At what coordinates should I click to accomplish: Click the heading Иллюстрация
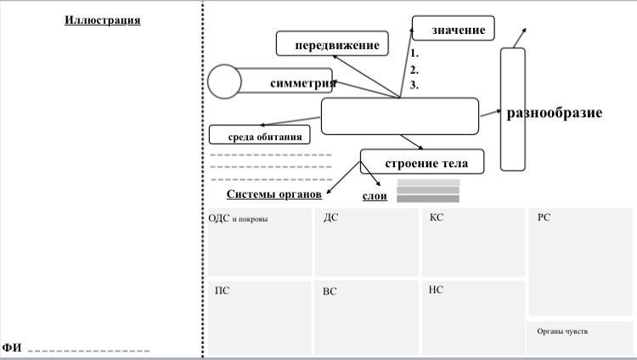coord(103,20)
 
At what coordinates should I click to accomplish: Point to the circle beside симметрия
coord(225,82)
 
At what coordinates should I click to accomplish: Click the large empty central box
coord(400,116)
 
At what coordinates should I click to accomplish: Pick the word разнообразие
coord(555,112)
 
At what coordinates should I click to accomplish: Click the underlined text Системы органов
coord(273,194)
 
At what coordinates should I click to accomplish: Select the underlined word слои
coord(375,196)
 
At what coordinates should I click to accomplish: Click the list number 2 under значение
coord(414,70)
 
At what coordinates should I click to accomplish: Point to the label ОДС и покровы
coord(238,219)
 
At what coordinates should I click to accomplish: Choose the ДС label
coord(330,218)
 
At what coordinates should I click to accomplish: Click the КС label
coord(437,218)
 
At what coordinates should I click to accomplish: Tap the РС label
coord(544,218)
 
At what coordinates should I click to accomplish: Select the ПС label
coord(222,290)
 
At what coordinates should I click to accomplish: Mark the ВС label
coord(330,291)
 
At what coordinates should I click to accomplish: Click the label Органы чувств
coord(562,331)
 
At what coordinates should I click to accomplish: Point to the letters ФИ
coord(11,348)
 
